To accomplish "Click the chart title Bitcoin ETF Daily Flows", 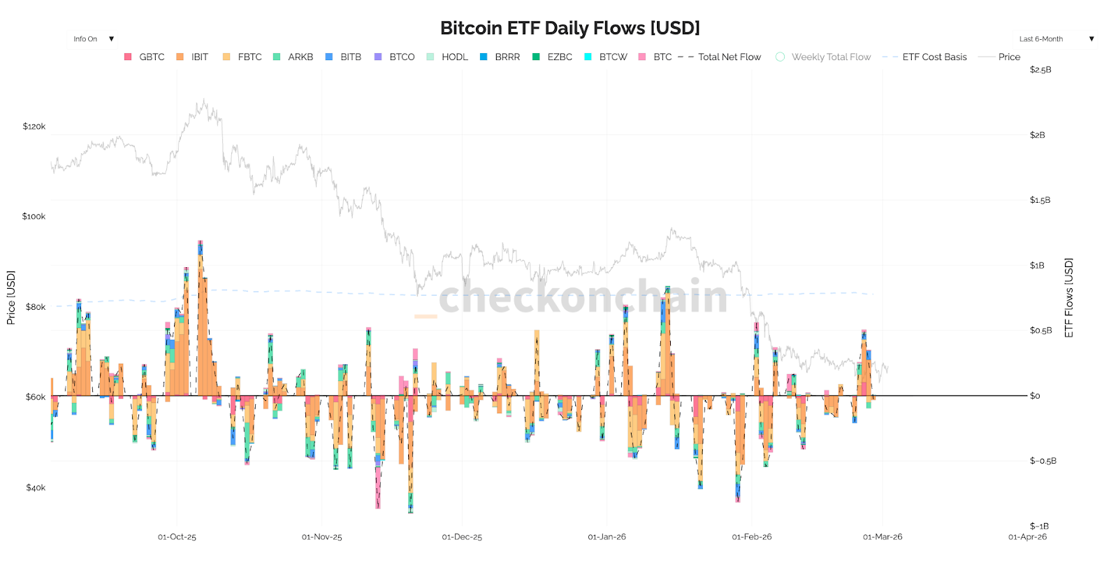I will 569,28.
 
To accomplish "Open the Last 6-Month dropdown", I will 1056,39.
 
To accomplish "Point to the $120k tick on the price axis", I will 34,127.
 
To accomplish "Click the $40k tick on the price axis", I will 36,487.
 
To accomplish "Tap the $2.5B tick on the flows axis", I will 1040,70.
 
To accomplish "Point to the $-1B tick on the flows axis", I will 1039,526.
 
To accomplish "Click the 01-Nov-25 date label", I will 322,537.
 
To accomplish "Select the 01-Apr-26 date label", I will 1027,537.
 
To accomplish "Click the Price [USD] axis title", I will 11,297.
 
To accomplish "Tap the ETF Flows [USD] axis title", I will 1069,297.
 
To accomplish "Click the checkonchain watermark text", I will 583,297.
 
